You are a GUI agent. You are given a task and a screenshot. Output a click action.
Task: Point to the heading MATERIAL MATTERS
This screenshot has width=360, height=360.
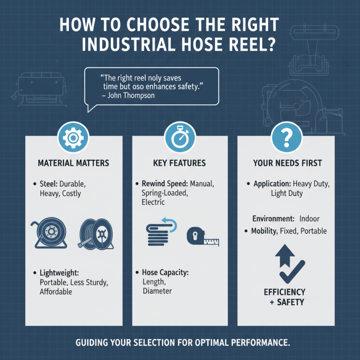74,163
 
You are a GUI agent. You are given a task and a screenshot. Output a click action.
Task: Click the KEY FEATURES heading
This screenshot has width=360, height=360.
180,163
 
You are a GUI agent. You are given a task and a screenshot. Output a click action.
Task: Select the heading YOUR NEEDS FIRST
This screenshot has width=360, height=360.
287,163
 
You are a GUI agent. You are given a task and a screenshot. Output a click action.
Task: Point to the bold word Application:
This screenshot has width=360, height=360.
272,184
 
